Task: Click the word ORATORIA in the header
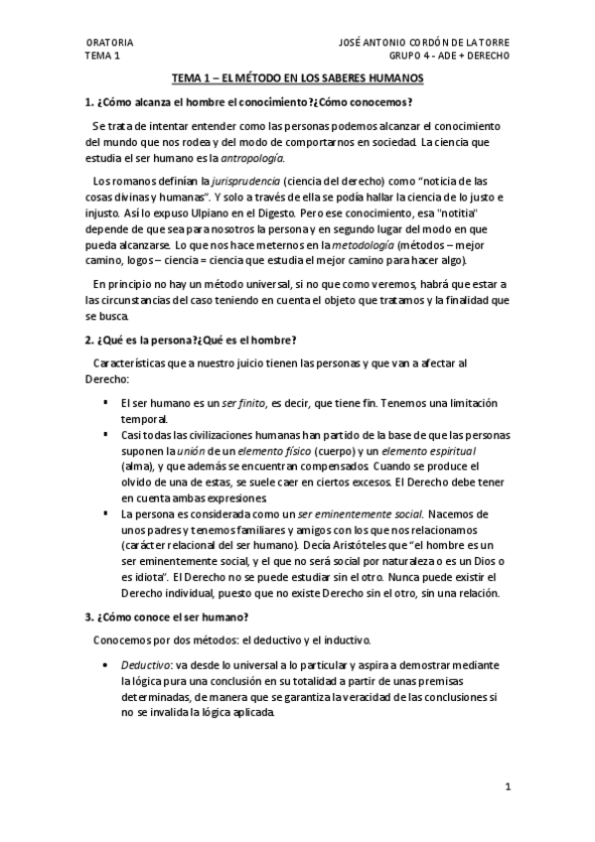tap(108, 44)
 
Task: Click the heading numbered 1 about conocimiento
tap(248, 102)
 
